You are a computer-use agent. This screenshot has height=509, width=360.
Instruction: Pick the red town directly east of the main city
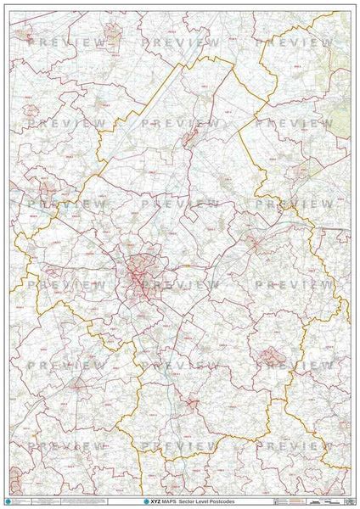pyautogui.click(x=253, y=244)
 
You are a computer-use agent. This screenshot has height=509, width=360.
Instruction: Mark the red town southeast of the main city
pyautogui.click(x=270, y=356)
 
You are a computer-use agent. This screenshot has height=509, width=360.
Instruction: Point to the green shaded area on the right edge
pyautogui.click(x=340, y=119)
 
